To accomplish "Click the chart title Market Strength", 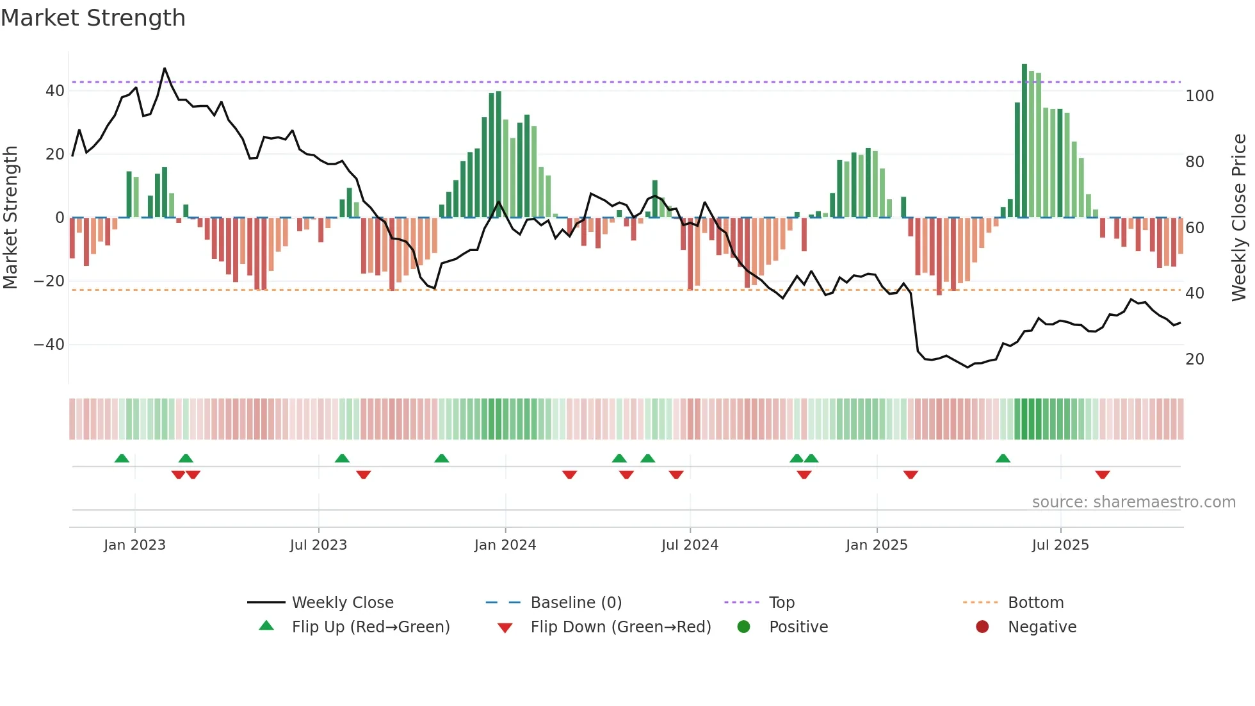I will click(93, 18).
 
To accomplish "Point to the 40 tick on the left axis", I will click(54, 91).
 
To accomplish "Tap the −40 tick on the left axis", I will click(49, 345).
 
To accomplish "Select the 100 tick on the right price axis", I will click(1199, 96).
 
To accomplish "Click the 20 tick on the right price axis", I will click(1195, 359).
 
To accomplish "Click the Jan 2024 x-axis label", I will click(505, 545).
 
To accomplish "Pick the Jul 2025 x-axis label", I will click(1060, 545).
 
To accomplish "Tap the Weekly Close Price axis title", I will click(1239, 218).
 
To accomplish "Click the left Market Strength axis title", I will click(11, 218).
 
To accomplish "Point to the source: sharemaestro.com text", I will click(1133, 502).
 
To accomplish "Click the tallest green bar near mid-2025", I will click(1024, 141).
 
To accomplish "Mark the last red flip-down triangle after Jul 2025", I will click(1102, 475).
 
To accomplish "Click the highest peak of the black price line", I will click(165, 69).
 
